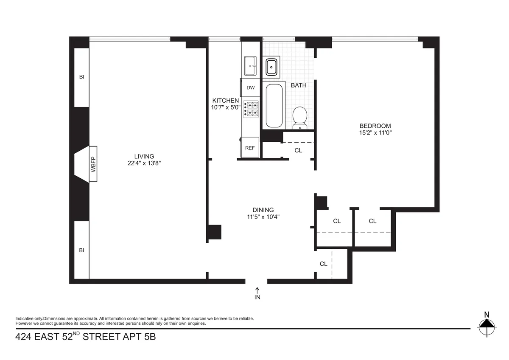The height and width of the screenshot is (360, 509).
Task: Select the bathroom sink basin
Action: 271,67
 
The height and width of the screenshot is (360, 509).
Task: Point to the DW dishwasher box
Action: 251,88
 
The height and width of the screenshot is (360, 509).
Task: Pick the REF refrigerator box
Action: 250,148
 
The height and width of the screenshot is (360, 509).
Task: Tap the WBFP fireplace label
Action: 93,164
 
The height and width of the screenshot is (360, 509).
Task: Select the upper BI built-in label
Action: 81,77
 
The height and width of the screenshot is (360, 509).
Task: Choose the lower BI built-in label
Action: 81,250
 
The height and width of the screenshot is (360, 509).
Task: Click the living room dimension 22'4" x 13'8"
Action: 144,163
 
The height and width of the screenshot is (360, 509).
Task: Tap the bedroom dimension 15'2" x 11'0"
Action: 375,132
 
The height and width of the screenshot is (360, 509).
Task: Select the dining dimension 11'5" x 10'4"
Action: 263,217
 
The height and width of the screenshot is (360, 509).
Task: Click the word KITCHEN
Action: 226,101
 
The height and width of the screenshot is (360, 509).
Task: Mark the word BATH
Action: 299,85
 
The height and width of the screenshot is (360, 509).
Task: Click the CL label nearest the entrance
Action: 324,264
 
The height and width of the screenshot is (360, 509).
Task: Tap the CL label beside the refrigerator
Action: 298,150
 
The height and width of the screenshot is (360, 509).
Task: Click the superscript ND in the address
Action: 76,334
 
